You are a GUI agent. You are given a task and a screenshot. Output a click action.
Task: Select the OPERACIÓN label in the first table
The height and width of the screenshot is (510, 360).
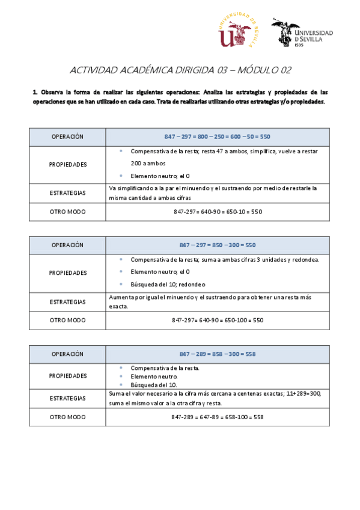(x=67, y=137)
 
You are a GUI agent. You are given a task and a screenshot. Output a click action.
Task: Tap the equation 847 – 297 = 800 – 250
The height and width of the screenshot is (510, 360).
(x=217, y=137)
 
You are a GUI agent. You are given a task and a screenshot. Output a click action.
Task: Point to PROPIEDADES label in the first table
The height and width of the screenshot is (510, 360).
(x=67, y=164)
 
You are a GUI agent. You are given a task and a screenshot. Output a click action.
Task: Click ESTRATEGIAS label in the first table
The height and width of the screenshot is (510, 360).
(x=67, y=193)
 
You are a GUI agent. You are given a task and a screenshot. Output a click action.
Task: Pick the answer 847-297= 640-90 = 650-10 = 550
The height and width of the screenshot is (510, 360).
(x=218, y=212)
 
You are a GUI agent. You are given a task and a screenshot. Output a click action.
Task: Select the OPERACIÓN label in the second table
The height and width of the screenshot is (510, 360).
(x=67, y=245)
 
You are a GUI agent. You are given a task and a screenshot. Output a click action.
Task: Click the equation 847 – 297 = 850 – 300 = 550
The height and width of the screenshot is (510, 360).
(x=218, y=245)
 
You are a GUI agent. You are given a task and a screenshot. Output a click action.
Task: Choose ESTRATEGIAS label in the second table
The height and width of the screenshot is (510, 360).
(x=67, y=302)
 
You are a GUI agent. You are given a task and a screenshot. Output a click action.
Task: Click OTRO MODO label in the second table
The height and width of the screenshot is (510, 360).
(x=67, y=320)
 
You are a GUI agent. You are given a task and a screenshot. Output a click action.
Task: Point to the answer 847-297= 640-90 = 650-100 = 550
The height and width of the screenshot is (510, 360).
(x=218, y=320)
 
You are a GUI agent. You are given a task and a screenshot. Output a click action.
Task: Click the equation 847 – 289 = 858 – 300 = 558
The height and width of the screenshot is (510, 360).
(x=218, y=354)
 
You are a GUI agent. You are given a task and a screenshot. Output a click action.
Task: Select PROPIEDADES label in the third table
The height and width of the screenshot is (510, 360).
(x=67, y=376)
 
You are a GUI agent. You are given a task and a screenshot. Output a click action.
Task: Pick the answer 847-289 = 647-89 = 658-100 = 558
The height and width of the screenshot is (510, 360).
(x=218, y=417)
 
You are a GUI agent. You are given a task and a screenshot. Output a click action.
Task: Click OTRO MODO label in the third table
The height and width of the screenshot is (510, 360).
(x=67, y=417)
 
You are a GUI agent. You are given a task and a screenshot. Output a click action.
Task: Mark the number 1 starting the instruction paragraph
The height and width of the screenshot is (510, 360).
(x=35, y=92)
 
